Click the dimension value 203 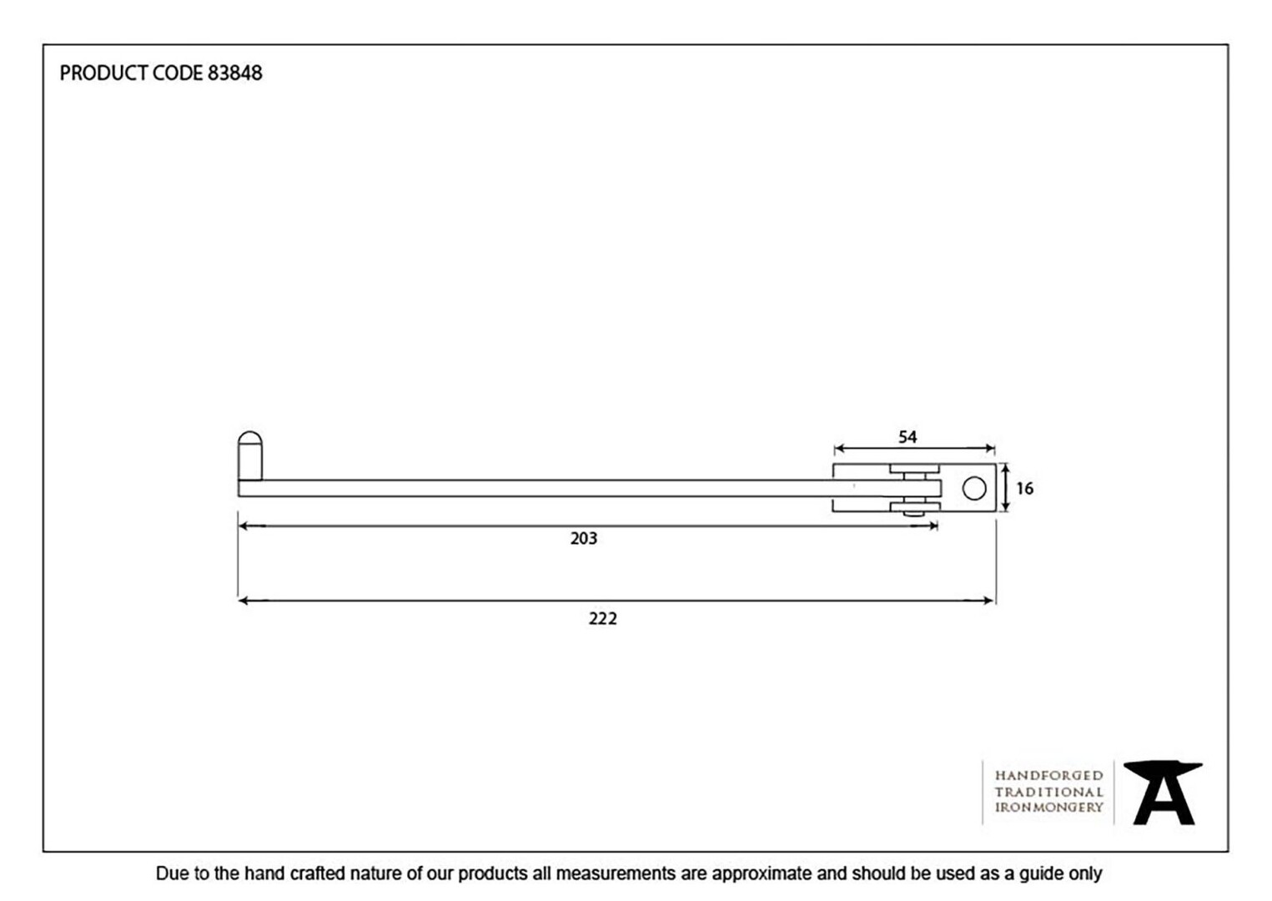click(x=584, y=538)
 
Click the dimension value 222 click(x=602, y=618)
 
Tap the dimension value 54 click(x=907, y=437)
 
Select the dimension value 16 click(x=1024, y=489)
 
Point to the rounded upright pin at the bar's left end click(x=250, y=456)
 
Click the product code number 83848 click(x=235, y=73)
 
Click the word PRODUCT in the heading click(x=103, y=73)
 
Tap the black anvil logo click(x=1163, y=793)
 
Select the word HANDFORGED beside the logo click(x=1048, y=776)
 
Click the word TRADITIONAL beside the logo click(x=1048, y=792)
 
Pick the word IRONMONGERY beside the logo click(x=1048, y=808)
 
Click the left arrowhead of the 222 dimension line click(x=244, y=601)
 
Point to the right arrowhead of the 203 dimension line click(x=932, y=526)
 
